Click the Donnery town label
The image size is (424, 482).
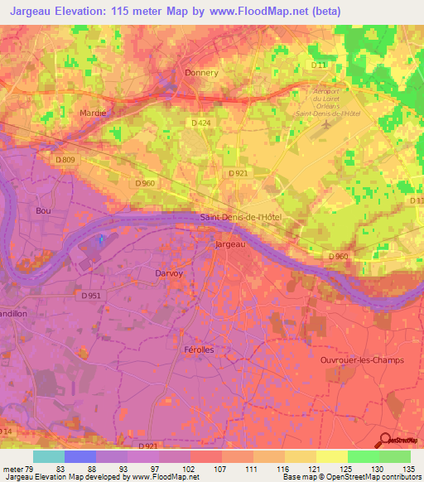[201, 73]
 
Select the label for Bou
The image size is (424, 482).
[44, 211]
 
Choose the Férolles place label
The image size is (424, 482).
[198, 350]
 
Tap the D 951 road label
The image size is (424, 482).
[93, 294]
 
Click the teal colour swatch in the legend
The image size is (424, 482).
[49, 456]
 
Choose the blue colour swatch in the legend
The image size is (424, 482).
[80, 456]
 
